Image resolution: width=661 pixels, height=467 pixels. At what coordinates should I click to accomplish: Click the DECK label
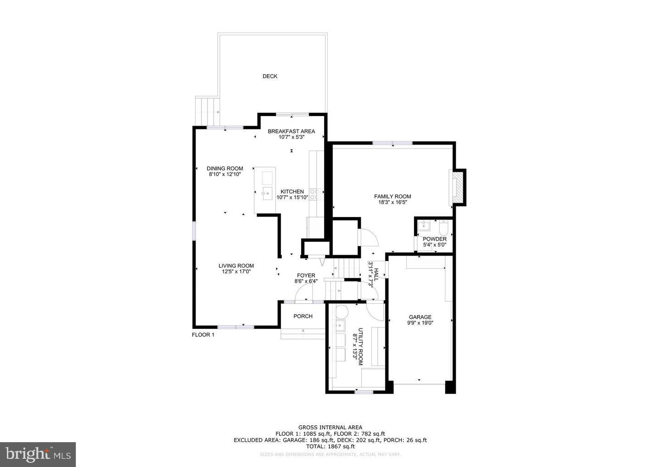[270, 76]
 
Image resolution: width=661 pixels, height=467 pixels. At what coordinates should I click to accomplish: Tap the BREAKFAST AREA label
[291, 132]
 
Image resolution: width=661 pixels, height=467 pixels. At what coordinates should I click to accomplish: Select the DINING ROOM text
[225, 169]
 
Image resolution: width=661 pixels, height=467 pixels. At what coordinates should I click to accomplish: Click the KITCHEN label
[292, 192]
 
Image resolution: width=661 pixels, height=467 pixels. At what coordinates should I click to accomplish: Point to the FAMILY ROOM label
[392, 196]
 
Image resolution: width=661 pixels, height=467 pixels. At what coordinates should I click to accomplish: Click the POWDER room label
[435, 239]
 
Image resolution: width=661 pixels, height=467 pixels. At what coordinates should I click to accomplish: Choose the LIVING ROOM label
[236, 266]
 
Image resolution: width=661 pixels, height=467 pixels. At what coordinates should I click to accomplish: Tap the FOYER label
[306, 276]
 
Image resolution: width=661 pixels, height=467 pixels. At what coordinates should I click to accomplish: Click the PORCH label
[303, 316]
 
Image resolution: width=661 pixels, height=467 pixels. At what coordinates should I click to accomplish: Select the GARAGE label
[420, 317]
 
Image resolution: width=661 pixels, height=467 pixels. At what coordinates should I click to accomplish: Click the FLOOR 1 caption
[203, 335]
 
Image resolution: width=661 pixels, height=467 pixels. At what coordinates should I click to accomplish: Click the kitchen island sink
[266, 193]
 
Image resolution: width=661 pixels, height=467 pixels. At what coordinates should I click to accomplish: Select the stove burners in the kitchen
[315, 194]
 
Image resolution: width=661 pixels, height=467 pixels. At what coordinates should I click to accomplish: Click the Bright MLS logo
[38, 455]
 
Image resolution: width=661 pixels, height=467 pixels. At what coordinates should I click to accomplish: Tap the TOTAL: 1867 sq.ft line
[330, 446]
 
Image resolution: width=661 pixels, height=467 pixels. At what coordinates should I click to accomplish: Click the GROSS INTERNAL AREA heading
[330, 428]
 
